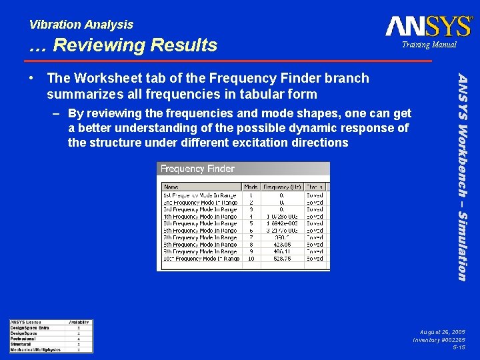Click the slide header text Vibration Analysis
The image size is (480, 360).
(x=81, y=25)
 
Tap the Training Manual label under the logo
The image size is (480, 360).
(x=428, y=45)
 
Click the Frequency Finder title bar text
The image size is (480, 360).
(x=197, y=169)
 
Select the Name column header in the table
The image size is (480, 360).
(x=171, y=187)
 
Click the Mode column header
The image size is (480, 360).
(x=251, y=187)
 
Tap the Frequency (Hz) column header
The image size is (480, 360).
(x=282, y=187)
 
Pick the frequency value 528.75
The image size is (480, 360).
(x=282, y=259)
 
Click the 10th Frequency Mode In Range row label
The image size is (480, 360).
(x=201, y=259)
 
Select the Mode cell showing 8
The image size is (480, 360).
(x=251, y=245)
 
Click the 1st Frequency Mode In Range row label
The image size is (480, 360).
(x=200, y=195)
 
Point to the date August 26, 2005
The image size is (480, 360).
(x=442, y=331)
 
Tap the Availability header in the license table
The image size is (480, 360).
(x=79, y=323)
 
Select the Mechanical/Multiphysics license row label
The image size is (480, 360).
(x=35, y=349)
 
